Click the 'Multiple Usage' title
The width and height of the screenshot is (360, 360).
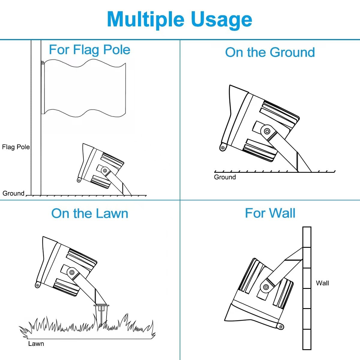179,20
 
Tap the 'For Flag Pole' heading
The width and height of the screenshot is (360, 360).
89,50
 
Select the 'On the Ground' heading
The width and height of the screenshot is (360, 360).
270,52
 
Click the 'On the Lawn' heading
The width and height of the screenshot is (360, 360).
90,213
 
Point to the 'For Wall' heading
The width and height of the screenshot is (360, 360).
270,213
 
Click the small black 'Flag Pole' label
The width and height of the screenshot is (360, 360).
16,147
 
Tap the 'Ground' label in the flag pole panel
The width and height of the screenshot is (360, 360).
13,193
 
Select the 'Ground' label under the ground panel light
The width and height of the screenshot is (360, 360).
225,177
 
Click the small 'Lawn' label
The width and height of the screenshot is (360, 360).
36,343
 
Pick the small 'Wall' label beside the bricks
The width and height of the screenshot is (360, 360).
322,283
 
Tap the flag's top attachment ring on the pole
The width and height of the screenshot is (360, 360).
43,62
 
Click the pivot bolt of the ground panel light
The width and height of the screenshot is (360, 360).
267,131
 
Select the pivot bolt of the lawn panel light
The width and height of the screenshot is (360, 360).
72,272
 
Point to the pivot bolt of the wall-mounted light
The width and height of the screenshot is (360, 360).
266,287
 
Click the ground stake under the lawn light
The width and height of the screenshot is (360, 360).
101,313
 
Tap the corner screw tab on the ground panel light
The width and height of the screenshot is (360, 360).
223,147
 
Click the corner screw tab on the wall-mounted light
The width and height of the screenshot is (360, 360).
280,327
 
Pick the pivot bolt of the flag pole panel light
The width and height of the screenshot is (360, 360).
105,171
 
